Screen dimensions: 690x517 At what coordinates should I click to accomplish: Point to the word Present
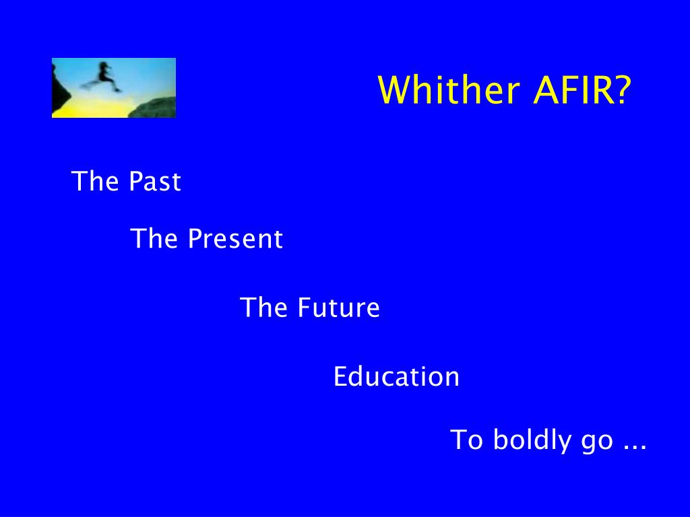[235, 238]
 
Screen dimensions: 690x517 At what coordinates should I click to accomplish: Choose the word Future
[338, 307]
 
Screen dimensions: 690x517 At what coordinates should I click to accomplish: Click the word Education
[396, 376]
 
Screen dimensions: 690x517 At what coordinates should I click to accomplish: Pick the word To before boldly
[466, 439]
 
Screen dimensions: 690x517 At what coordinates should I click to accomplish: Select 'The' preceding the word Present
[154, 238]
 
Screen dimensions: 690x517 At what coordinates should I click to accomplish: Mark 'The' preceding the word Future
[263, 307]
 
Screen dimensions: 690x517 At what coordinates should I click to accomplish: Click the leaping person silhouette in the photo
[102, 77]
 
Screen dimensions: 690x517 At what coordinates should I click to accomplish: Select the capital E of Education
[340, 377]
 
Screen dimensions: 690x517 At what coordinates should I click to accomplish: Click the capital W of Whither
[395, 90]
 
